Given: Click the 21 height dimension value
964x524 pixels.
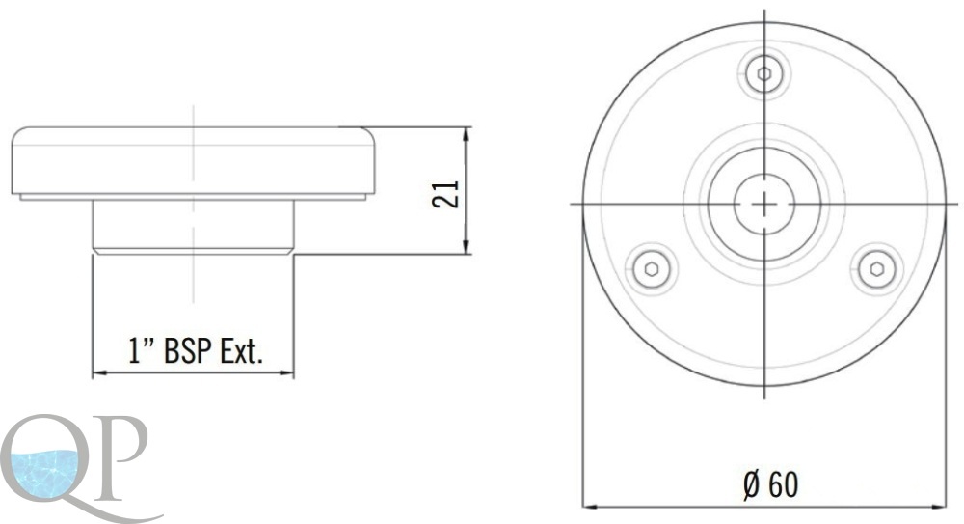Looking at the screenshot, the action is point(446,194).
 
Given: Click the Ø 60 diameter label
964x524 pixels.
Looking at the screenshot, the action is point(771,484).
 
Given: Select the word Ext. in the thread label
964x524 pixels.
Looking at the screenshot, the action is point(242,351).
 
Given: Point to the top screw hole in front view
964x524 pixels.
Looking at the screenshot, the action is point(764,74).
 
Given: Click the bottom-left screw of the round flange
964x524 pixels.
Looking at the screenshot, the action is point(652,269).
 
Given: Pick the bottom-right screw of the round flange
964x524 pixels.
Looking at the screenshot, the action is point(877,269).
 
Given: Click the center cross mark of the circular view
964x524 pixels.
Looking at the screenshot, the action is point(764,204).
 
